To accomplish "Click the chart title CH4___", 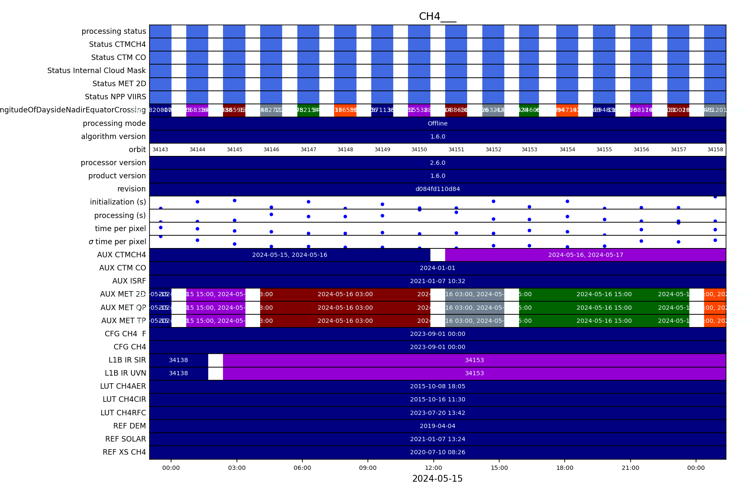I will pyautogui.click(x=437, y=16).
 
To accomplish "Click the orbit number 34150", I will pyautogui.click(x=419, y=150).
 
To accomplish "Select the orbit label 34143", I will pyautogui.click(x=160, y=150).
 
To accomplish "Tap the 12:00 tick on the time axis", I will pyautogui.click(x=433, y=468).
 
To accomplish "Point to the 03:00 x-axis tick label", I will pyautogui.click(x=237, y=468).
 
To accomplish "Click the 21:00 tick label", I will pyautogui.click(x=630, y=468).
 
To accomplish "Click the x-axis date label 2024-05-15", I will pyautogui.click(x=437, y=479).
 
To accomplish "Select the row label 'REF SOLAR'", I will pyautogui.click(x=125, y=439).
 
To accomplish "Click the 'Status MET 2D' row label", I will pyautogui.click(x=119, y=84).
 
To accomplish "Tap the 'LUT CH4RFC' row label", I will pyautogui.click(x=123, y=413).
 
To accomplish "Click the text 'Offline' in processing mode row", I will pyautogui.click(x=438, y=123).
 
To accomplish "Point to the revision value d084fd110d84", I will pyautogui.click(x=438, y=189).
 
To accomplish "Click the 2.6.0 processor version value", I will pyautogui.click(x=438, y=163).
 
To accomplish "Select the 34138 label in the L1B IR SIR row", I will pyautogui.click(x=178, y=360).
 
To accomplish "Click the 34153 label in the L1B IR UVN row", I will pyautogui.click(x=474, y=373).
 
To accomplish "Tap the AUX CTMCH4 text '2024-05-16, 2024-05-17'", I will pyautogui.click(x=585, y=255).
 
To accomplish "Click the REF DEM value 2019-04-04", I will pyautogui.click(x=438, y=426).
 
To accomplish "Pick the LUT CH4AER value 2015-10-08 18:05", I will pyautogui.click(x=438, y=386).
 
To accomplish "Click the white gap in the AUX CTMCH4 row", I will pyautogui.click(x=438, y=255).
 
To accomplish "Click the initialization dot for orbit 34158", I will pyautogui.click(x=715, y=197).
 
